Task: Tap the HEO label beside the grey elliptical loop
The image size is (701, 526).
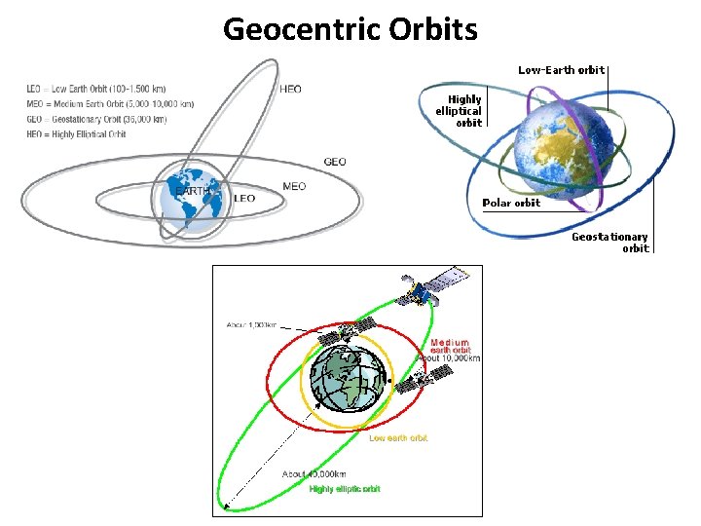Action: tap(290, 89)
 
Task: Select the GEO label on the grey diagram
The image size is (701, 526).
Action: tap(334, 162)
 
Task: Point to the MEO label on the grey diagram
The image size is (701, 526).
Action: tap(293, 186)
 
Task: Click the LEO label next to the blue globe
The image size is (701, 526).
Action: tap(244, 198)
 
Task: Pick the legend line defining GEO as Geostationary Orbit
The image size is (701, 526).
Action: tap(96, 119)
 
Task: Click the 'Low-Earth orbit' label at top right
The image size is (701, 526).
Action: tap(561, 70)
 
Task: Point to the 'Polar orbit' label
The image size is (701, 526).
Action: tap(511, 204)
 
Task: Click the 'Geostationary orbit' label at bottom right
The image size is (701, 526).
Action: tap(609, 243)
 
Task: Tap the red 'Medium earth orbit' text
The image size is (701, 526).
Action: tap(449, 347)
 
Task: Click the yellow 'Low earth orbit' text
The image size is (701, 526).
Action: tap(397, 438)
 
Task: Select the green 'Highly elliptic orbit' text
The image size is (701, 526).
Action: tap(345, 489)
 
